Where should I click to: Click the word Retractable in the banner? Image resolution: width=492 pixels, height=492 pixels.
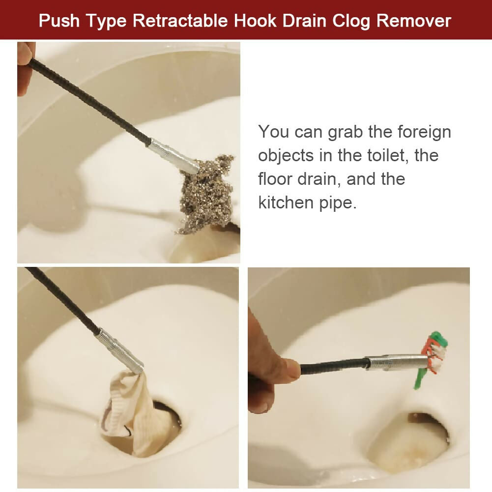pyautogui.click(x=181, y=21)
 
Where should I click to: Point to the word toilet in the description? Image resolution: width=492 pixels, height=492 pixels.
pyautogui.click(x=385, y=155)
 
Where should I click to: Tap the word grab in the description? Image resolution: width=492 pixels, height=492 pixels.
pyautogui.click(x=343, y=132)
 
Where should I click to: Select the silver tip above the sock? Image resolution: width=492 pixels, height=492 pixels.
pyautogui.click(x=119, y=350)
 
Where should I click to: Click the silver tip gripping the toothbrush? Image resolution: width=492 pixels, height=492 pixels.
pyautogui.click(x=396, y=362)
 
